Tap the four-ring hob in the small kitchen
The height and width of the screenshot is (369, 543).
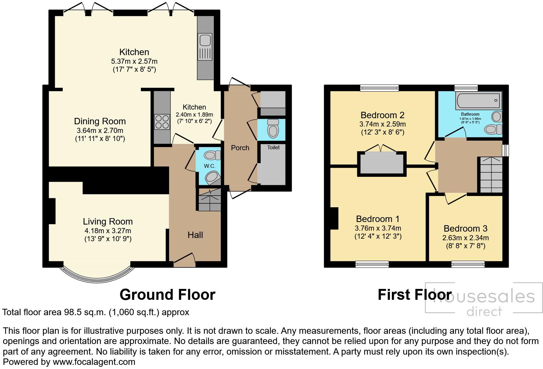[162, 122]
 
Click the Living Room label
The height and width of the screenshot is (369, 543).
[108, 221]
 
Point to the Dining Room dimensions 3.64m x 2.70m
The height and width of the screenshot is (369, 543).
[100, 130]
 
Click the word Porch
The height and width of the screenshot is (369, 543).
[240, 148]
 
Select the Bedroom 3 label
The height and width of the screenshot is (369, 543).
[465, 228]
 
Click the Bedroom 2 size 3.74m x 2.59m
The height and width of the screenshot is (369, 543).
[382, 124]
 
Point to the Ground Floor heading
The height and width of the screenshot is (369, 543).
[167, 294]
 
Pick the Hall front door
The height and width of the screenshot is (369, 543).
[184, 261]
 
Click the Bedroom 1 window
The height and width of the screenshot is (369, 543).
[372, 264]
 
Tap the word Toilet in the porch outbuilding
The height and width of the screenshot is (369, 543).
[273, 147]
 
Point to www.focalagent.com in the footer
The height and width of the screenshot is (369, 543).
[94, 362]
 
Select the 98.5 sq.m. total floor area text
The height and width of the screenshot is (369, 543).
[84, 312]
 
